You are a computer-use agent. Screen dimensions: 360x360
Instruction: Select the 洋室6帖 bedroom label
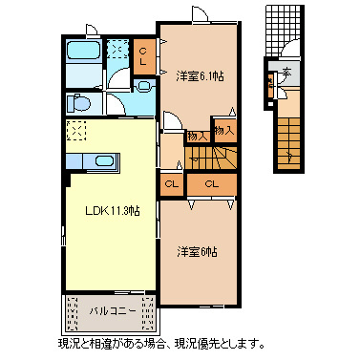197,252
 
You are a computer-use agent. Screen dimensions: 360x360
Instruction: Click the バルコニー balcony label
112,311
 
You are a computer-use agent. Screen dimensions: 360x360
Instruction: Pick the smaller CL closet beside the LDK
172,183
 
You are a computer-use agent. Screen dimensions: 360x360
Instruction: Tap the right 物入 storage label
223,130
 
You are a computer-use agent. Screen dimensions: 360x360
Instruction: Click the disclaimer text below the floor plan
160,343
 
